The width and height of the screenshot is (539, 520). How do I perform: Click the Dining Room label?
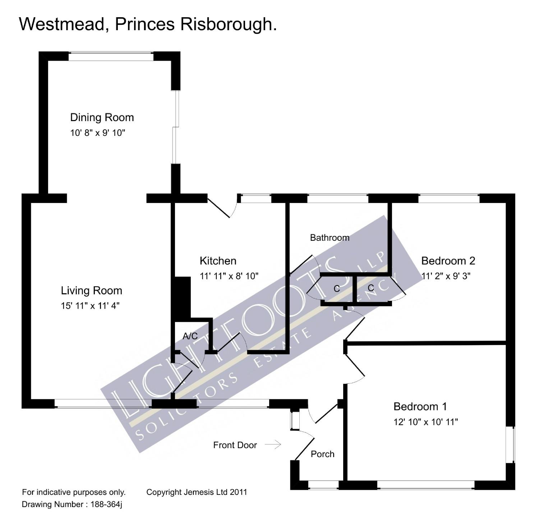click(102, 118)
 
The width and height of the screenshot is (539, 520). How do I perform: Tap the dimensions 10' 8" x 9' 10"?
click(97, 133)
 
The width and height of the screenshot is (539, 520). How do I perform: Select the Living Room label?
click(91, 290)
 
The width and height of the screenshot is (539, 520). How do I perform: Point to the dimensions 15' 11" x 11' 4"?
click(90, 306)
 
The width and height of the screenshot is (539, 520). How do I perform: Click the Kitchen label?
click(218, 261)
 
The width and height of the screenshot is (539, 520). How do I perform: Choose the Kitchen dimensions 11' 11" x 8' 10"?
click(229, 276)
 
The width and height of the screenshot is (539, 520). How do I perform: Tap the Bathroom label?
click(330, 238)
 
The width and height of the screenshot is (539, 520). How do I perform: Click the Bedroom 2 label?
click(448, 261)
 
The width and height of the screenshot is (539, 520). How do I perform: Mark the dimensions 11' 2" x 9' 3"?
click(446, 276)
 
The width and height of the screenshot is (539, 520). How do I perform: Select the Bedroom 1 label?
click(420, 406)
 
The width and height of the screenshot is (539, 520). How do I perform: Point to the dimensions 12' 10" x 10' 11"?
click(425, 422)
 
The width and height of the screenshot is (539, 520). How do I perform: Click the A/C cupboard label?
click(190, 336)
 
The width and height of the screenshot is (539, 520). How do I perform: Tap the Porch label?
click(322, 454)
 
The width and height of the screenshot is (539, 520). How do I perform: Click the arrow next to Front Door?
click(273, 445)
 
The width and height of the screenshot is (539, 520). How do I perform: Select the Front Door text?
click(235, 445)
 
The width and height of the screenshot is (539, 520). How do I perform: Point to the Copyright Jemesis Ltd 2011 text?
click(197, 492)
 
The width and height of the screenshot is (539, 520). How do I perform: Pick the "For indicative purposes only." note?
click(74, 492)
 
